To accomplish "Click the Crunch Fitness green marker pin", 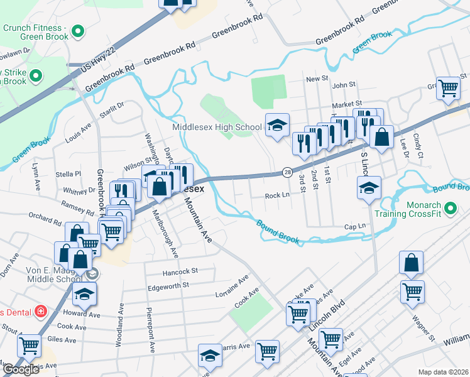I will coord(79,30).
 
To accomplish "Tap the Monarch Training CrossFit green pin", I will coord(450,208).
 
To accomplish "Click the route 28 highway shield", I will coord(287,172).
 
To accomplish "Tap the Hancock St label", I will coord(180,271).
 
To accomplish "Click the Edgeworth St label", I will coord(168,285).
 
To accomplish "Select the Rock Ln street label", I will coord(277,195).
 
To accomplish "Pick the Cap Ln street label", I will coord(354,226).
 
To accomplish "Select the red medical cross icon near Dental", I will coord(41,311).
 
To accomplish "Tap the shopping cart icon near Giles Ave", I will coord(29,344).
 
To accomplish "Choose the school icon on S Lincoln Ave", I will coord(369,187).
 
